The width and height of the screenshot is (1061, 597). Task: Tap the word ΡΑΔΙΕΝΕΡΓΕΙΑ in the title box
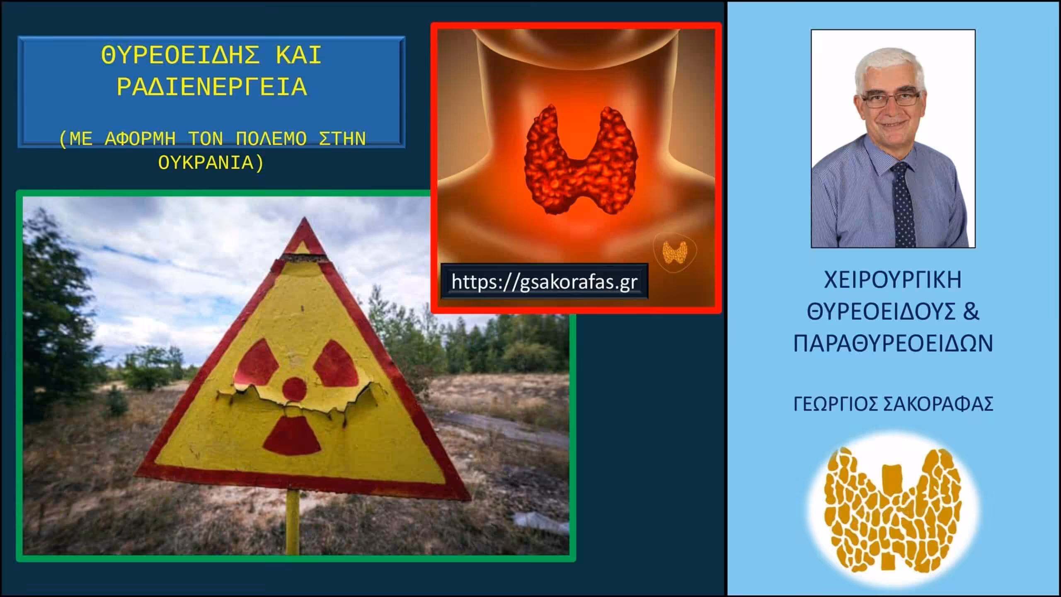click(212, 87)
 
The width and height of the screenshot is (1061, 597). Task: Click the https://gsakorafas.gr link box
click(544, 282)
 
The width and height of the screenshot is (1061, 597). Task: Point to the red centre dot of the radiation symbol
click(294, 388)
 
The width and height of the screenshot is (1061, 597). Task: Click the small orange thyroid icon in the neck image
click(675, 252)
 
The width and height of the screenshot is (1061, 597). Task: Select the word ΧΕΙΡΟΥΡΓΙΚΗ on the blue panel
click(893, 280)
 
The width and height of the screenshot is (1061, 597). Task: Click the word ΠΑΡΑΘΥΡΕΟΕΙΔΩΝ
click(893, 344)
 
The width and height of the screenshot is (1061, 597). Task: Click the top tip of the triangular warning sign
click(305, 218)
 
